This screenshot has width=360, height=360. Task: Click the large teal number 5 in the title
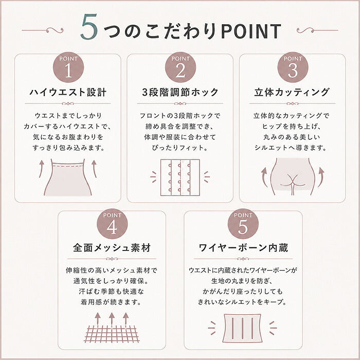(89, 27)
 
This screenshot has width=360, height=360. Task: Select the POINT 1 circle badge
(68, 67)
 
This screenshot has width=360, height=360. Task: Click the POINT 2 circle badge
(181, 67)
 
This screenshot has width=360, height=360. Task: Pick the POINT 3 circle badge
(293, 67)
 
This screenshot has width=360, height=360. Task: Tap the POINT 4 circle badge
(112, 224)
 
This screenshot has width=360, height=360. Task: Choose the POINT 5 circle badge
(243, 224)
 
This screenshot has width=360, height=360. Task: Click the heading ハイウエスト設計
(68, 92)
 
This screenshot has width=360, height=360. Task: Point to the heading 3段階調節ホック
(180, 92)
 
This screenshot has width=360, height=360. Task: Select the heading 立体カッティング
(292, 92)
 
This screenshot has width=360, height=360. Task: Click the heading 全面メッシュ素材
(112, 248)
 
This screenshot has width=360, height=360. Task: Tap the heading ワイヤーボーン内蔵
(243, 248)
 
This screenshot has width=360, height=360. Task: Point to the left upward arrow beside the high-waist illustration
(41, 169)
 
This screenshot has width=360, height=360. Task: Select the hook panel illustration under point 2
(180, 177)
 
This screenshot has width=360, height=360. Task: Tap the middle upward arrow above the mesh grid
(112, 319)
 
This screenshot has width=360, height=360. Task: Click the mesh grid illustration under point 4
(112, 334)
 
